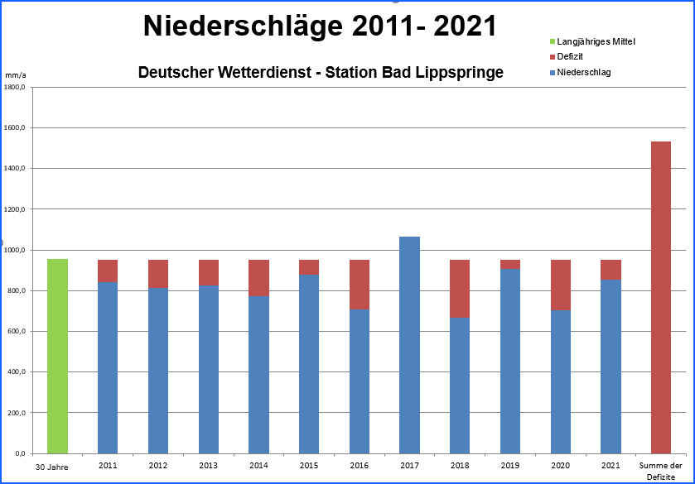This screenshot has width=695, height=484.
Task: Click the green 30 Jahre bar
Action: [x=57, y=356]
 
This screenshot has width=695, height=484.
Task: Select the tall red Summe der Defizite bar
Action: [x=660, y=298]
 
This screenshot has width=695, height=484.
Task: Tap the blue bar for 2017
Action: [x=409, y=345]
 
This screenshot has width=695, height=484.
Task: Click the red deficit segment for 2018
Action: [x=460, y=288]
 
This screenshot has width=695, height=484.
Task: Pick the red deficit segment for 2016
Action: [x=359, y=284]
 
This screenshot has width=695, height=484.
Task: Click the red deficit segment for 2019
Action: [x=510, y=265]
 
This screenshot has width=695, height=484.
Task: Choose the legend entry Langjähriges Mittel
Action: [x=596, y=41]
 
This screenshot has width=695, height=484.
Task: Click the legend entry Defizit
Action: [x=571, y=56]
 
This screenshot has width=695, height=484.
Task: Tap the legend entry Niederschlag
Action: [x=583, y=72]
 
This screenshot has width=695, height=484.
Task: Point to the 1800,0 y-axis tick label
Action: [x=17, y=87]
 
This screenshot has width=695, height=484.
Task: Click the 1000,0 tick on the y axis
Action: [x=17, y=250]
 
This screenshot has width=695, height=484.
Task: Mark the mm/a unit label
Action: [x=15, y=75]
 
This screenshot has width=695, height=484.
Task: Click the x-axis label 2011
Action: [x=108, y=466]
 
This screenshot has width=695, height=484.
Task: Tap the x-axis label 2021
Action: [x=611, y=466]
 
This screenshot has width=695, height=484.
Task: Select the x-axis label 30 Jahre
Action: [x=51, y=467]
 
